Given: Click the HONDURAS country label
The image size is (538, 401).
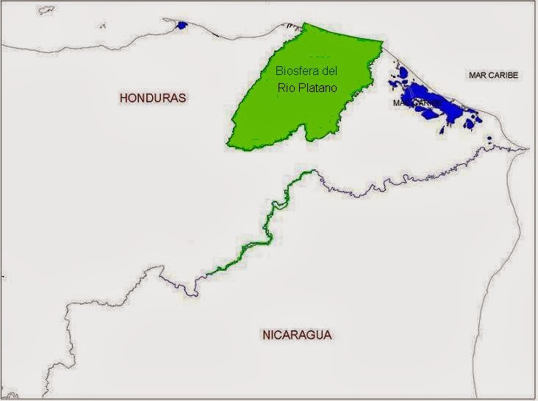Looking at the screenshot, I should pyautogui.click(x=154, y=97).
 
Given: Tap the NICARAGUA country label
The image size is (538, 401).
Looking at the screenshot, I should pyautogui.click(x=297, y=335).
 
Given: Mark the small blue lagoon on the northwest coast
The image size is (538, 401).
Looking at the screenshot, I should pyautogui.click(x=181, y=25).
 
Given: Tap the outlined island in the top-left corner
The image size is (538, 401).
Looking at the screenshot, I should pyautogui.click(x=46, y=10).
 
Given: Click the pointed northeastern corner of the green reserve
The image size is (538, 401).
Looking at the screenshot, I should pyautogui.click(x=381, y=41).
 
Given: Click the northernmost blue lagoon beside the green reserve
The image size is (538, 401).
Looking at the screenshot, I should pyautogui.click(x=402, y=71).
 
